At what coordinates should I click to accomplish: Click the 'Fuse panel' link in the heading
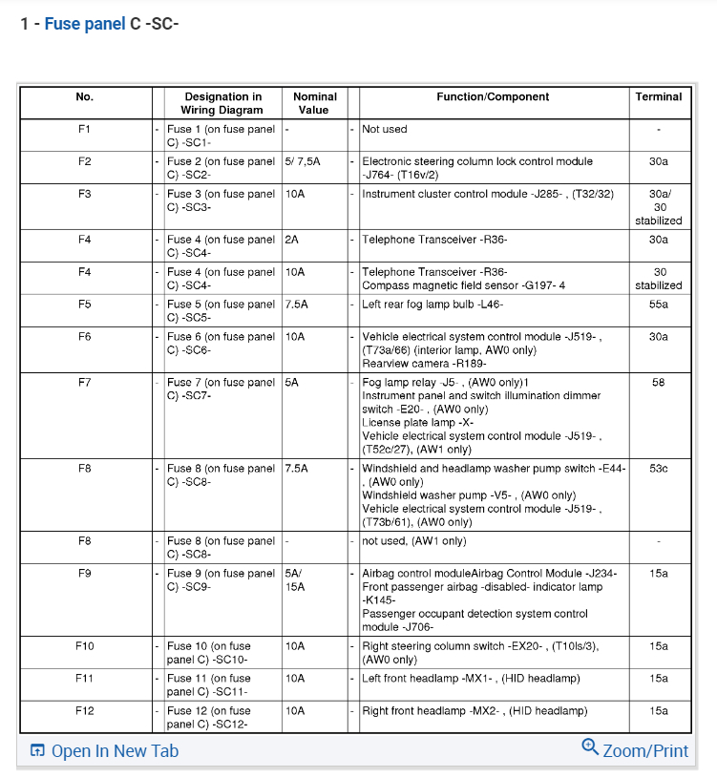click(x=85, y=23)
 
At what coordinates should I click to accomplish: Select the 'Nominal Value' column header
click(x=314, y=103)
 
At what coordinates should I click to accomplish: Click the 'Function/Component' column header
click(x=493, y=96)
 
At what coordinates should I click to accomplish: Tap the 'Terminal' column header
click(x=659, y=96)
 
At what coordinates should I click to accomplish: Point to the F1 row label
click(x=85, y=129)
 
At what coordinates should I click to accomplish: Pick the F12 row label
click(x=85, y=711)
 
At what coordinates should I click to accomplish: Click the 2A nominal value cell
click(x=293, y=240)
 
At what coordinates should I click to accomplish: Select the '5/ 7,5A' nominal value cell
click(x=303, y=161)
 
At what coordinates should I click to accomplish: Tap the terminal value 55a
click(x=659, y=305)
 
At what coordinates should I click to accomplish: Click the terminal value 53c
click(x=659, y=469)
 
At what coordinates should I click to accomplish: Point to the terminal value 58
click(x=659, y=383)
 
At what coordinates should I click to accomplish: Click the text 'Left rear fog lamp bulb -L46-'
click(x=432, y=305)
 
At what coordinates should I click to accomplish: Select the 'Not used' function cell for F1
click(x=385, y=129)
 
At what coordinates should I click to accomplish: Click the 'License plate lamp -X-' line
click(x=417, y=423)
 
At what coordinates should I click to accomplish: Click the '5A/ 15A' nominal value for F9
click(x=295, y=580)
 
